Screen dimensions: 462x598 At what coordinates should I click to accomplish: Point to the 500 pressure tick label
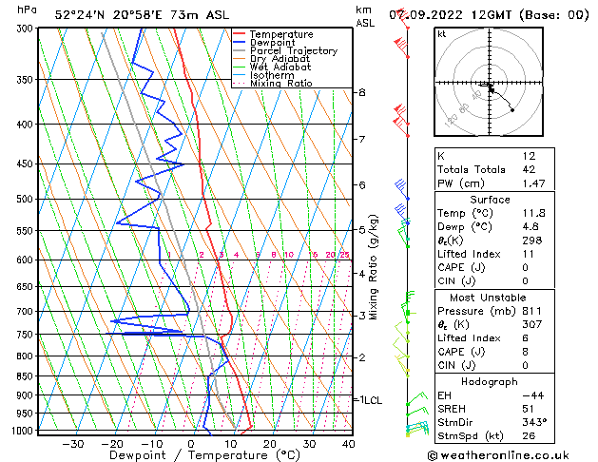25,200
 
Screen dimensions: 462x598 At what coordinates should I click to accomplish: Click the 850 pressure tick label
25,376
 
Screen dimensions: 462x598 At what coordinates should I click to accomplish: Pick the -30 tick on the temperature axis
72,444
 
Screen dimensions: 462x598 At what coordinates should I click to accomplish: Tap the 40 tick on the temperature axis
349,444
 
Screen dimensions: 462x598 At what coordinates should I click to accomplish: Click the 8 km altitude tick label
362,92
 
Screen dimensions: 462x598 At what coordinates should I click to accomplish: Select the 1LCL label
369,401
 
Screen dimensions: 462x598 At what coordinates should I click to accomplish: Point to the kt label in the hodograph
442,34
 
